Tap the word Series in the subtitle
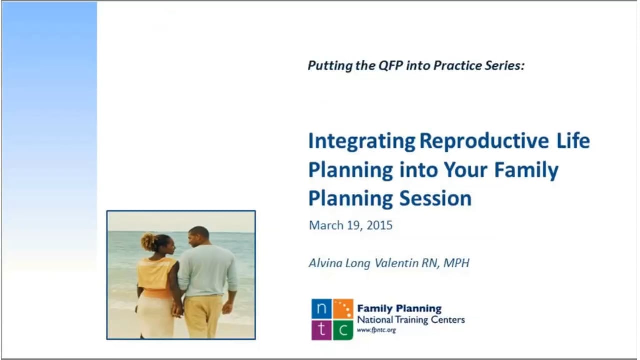tap(504, 65)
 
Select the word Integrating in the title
tap(361, 141)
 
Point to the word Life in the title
tap(573, 141)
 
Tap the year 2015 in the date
tap(379, 225)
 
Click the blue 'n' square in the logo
tap(321, 309)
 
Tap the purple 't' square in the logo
tap(321, 330)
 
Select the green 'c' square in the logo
tap(343, 330)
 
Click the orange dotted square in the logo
tap(343, 309)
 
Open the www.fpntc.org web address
tap(376, 330)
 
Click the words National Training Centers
tap(411, 320)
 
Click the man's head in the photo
tap(199, 236)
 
